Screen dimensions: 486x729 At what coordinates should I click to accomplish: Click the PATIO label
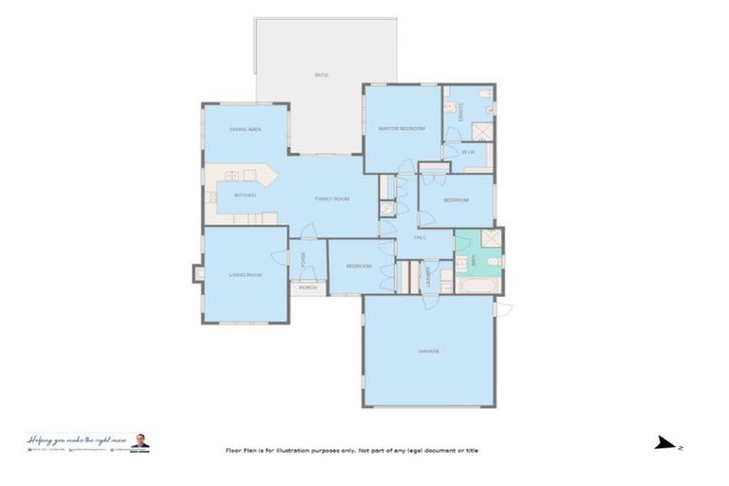322,74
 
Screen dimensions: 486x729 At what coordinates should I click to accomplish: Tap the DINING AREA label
246,129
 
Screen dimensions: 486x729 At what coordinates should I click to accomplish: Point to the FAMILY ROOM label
332,198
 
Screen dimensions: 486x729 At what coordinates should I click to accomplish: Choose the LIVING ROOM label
245,275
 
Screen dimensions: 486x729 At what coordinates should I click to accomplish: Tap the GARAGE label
428,351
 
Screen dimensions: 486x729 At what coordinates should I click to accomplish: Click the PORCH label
308,287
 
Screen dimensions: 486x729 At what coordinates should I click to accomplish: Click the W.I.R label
467,152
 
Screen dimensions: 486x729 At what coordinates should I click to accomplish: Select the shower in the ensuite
482,131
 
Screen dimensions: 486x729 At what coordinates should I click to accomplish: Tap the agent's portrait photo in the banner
140,441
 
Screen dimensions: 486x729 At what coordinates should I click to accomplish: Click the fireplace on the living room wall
198,273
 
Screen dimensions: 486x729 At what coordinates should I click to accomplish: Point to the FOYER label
303,258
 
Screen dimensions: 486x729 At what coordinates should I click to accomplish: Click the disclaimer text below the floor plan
351,450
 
